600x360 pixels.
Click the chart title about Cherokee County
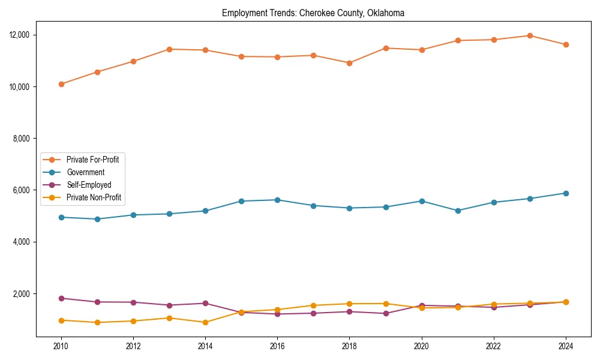313,13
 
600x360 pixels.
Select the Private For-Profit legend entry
92,160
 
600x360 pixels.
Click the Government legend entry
85,172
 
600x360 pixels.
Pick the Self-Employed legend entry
89,185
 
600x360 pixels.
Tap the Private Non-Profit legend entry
94,197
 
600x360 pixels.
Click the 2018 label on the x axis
349,346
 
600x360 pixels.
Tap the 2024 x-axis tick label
565,346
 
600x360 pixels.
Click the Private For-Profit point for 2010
61,84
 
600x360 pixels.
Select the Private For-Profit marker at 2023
530,36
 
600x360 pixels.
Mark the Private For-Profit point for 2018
349,63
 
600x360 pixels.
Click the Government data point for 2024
565,193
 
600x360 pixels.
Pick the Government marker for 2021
458,211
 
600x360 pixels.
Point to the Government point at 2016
277,200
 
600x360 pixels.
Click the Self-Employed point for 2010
61,298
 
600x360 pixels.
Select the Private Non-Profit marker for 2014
205,322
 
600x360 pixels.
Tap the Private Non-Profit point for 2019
386,304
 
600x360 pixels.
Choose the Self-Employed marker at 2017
313,313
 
